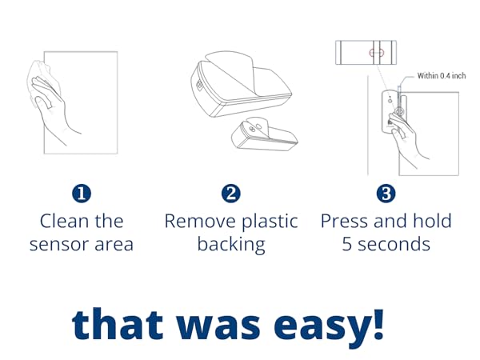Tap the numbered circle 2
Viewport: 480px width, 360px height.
[230, 194]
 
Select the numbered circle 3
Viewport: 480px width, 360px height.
[386, 194]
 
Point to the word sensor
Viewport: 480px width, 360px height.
[58, 244]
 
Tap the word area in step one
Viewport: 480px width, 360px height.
[111, 244]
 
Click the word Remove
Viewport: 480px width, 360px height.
[196, 221]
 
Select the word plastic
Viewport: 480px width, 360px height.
[265, 222]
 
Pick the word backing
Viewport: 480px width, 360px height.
[230, 244]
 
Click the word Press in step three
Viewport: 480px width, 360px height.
[345, 221]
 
